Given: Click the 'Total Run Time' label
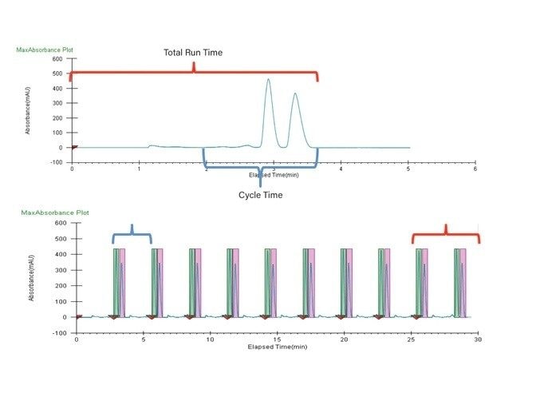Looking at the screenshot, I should pyautogui.click(x=193, y=53).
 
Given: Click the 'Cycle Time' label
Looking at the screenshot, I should pyautogui.click(x=262, y=195).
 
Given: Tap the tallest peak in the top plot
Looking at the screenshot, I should pyautogui.click(x=268, y=80).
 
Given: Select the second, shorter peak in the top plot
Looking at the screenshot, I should pyautogui.click(x=295, y=94).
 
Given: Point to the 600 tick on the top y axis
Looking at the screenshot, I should pyautogui.click(x=57, y=59).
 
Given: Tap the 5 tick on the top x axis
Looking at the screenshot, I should pyautogui.click(x=408, y=169).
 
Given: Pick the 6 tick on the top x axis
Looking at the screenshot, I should pyautogui.click(x=475, y=169).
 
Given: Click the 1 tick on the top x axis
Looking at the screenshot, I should pyautogui.click(x=139, y=169).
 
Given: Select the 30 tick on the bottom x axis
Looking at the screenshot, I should pyautogui.click(x=477, y=339).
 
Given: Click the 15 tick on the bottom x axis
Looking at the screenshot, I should pyautogui.click(x=276, y=339).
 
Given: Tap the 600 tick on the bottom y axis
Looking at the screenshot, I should pyautogui.click(x=60, y=223).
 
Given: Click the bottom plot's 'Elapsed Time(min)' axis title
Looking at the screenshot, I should pyautogui.click(x=277, y=347).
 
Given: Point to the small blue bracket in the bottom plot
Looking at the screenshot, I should pyautogui.click(x=132, y=234).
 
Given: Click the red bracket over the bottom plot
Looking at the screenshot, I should pyautogui.click(x=445, y=234).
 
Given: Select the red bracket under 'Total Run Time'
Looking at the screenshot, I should pyautogui.click(x=194, y=73).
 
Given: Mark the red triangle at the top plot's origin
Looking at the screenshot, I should pyautogui.click(x=74, y=147).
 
